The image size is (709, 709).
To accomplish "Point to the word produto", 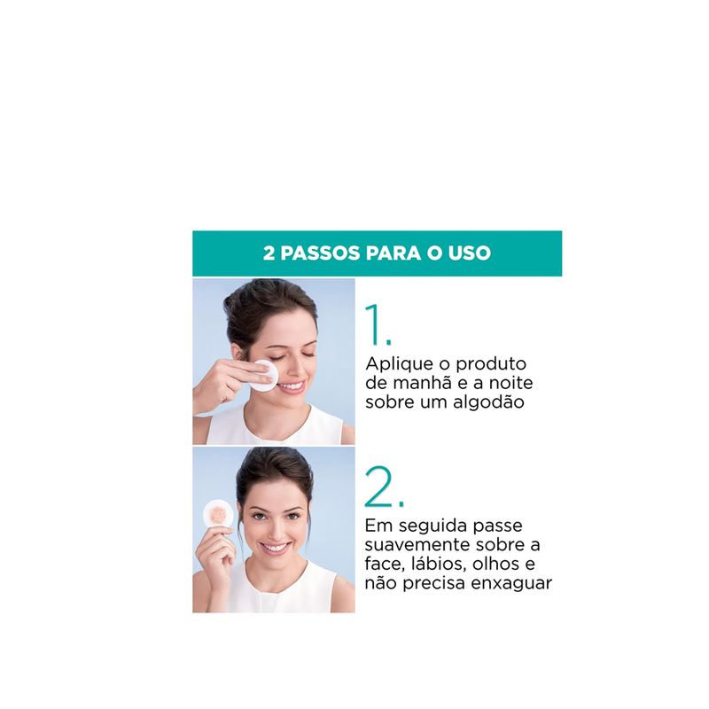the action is (491, 364).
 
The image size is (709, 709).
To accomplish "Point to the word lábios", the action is (438, 565).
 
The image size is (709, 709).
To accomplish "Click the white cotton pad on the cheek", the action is (264, 376).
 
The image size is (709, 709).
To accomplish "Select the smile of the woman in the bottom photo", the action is (276, 549).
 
